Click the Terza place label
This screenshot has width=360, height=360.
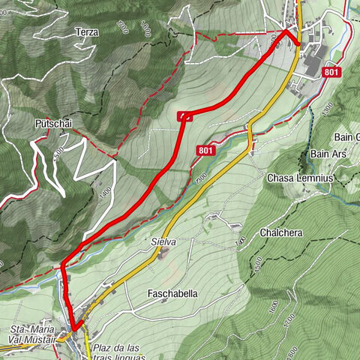click(87, 33)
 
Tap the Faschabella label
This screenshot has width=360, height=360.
click(172, 294)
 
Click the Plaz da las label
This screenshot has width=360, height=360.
click(118, 348)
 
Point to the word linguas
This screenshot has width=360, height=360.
click(127, 357)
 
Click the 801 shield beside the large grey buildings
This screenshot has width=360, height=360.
click(331, 72)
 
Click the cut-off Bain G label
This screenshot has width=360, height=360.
click(346, 136)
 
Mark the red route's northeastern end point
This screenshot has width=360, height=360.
click(298, 43)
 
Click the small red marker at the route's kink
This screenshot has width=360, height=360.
click(184, 115)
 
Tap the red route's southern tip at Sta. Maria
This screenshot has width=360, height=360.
click(74, 328)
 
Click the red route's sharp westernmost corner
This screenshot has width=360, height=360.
click(63, 264)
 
